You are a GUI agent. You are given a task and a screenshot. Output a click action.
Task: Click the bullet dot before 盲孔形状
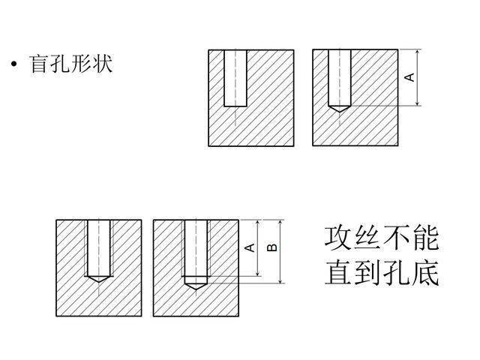[x=14, y=65]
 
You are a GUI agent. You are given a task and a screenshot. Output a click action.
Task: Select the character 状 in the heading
[x=103, y=64]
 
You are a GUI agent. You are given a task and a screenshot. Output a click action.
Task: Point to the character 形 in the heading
[x=82, y=64]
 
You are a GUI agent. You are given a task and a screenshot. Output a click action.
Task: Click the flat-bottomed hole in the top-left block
[x=235, y=78]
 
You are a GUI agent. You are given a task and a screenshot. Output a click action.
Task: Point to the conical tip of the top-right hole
[x=339, y=109]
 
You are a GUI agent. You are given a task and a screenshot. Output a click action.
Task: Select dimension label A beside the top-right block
[x=409, y=78]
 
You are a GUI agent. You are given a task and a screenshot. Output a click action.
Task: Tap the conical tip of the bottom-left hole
[x=97, y=278]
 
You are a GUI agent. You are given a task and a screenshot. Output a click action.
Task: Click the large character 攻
[x=339, y=238]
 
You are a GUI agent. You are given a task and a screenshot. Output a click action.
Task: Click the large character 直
[x=339, y=271]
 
